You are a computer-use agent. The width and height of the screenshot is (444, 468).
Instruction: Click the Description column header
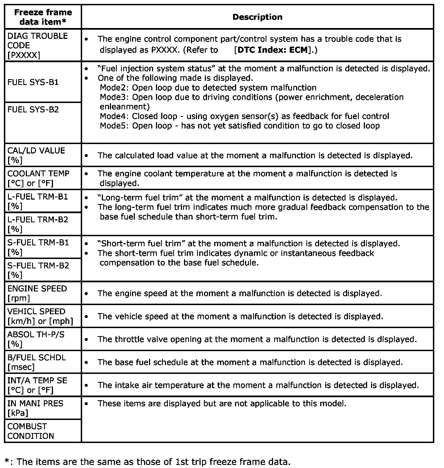coord(257,17)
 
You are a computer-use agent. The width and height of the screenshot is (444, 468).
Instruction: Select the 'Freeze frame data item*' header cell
coord(43,17)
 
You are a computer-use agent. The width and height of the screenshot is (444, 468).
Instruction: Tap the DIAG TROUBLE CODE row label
coord(37,45)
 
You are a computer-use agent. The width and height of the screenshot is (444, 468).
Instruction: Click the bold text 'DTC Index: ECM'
coord(273,50)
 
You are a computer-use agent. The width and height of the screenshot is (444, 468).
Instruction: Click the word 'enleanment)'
coord(125,107)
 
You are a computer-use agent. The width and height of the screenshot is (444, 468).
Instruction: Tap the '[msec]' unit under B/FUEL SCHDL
coord(21,367)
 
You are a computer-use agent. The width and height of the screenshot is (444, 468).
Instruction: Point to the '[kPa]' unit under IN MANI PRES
coord(18,413)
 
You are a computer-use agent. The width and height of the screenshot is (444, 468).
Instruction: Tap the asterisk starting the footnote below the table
coord(7,461)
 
